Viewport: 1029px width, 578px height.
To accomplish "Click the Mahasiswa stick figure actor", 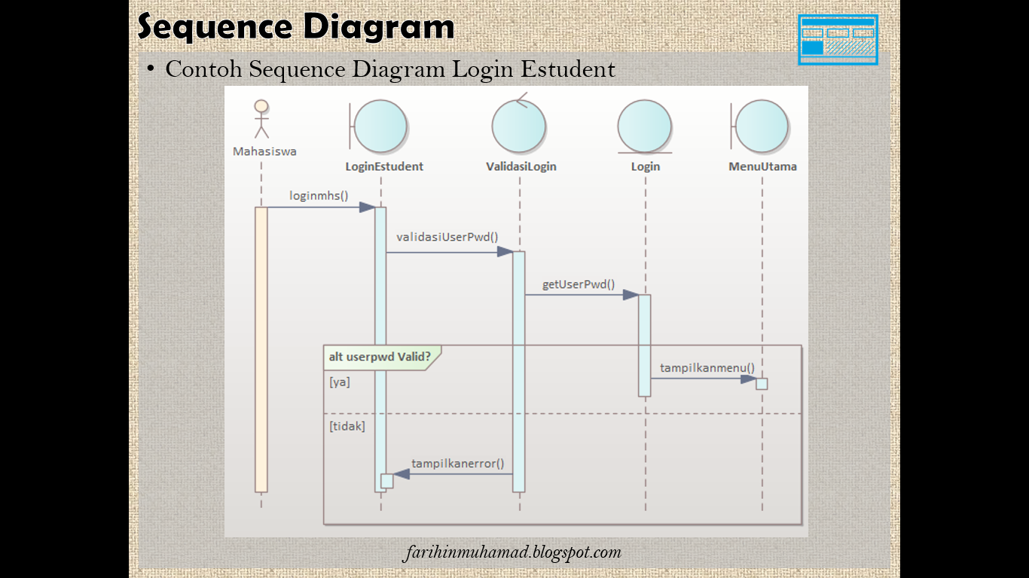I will [x=261, y=119].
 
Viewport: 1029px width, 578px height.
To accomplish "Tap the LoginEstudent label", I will [x=384, y=166].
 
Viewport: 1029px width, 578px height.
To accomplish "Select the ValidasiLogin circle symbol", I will [x=519, y=126].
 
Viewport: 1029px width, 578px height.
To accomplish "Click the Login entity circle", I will [x=645, y=126].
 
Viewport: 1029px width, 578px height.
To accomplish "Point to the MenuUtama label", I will [x=762, y=166].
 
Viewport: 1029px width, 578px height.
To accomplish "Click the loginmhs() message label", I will [x=319, y=196].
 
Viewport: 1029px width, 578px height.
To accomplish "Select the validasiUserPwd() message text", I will [x=447, y=237].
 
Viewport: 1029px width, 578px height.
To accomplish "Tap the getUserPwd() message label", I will [x=579, y=284].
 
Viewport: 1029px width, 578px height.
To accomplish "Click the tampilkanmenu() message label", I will [x=707, y=367].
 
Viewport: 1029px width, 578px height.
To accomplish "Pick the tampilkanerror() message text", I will [x=458, y=464].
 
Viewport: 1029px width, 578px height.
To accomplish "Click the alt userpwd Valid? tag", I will [x=380, y=357].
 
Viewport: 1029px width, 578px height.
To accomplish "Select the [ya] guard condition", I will [x=340, y=382].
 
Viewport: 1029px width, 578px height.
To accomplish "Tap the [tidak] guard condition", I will [x=347, y=426].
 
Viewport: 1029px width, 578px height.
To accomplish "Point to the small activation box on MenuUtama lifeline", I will [x=762, y=384].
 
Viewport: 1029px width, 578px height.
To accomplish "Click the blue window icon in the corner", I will [x=838, y=40].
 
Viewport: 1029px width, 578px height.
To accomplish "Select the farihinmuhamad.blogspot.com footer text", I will [x=512, y=552].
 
